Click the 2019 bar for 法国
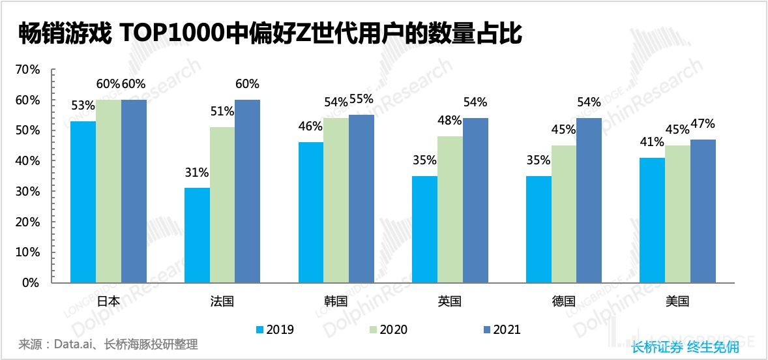pos(197,235)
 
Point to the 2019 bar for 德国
pos(538,229)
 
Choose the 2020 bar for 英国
pos(450,209)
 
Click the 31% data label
pos(196,173)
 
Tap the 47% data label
pos(703,124)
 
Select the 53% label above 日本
pos(83,106)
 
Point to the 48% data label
pos(450,121)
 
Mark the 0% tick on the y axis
pos(31,283)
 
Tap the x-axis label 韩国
pos(336,301)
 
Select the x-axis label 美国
pos(677,301)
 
